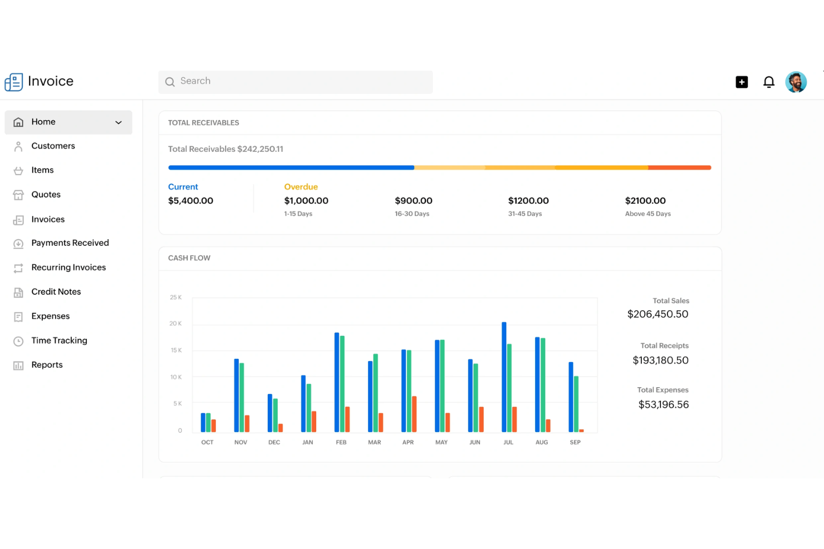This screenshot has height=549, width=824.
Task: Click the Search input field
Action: (x=295, y=82)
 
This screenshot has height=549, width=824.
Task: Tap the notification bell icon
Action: (x=768, y=82)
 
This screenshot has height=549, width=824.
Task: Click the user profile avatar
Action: (x=796, y=82)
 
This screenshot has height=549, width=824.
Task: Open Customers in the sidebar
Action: (x=53, y=146)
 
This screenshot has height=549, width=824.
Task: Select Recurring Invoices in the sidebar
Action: (x=68, y=268)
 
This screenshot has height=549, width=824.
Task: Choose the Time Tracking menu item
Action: (x=59, y=341)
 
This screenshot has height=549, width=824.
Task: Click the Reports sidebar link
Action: (x=47, y=365)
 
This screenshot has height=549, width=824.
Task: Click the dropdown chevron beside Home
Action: (x=119, y=122)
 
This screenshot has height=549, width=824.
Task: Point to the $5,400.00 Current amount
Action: (x=190, y=201)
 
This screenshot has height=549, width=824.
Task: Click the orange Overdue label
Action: (x=301, y=187)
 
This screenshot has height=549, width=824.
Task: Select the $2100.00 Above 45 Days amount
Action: (x=645, y=201)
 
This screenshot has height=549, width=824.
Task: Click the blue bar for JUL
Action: (x=504, y=377)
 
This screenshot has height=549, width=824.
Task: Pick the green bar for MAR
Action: (x=375, y=393)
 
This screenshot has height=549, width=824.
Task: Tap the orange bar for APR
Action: (x=414, y=414)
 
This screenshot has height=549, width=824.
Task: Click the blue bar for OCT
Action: (x=203, y=423)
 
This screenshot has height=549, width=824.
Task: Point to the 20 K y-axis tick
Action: (x=175, y=324)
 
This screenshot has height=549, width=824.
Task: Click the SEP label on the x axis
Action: (x=575, y=443)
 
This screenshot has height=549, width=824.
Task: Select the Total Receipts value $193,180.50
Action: (x=660, y=360)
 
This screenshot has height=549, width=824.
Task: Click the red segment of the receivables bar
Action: (x=679, y=167)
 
